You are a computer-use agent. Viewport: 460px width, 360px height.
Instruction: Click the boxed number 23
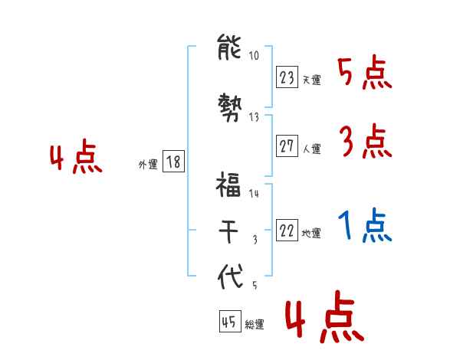[287, 77]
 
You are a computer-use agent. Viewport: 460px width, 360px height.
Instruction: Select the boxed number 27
[287, 146]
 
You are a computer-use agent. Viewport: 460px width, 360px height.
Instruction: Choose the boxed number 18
[173, 162]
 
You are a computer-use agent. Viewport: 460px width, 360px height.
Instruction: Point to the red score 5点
[365, 74]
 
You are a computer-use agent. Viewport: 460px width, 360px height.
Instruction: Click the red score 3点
[365, 142]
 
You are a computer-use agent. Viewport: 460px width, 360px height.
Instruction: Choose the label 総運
[255, 325]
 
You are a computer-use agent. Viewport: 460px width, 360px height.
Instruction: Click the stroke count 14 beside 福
[254, 194]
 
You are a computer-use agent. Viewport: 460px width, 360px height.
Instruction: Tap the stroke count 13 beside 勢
[254, 117]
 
